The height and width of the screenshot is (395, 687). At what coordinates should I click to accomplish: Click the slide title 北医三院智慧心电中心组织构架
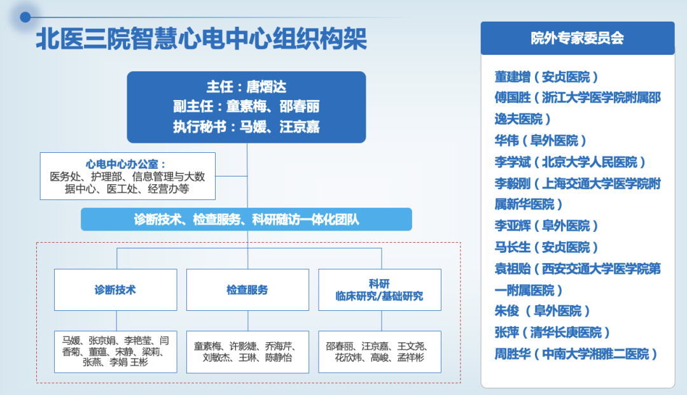(x=201, y=39)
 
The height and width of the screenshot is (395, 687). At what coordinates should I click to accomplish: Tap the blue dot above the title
(x=25, y=17)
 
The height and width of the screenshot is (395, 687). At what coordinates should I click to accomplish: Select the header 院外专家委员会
(x=578, y=38)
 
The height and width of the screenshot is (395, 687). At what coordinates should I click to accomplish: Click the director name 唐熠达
(x=266, y=87)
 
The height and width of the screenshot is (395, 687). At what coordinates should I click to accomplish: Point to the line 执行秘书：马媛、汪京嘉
(x=246, y=127)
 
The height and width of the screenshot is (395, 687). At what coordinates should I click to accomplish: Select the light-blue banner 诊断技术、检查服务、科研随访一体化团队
(x=246, y=219)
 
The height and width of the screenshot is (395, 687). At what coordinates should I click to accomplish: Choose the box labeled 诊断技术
(x=116, y=290)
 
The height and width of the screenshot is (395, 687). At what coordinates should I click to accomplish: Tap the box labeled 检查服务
(x=247, y=290)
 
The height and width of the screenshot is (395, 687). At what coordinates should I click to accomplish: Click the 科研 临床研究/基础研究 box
(x=379, y=290)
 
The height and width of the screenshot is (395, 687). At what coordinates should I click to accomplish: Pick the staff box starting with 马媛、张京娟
(x=116, y=352)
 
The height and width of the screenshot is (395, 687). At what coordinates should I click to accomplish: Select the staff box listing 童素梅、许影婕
(x=247, y=352)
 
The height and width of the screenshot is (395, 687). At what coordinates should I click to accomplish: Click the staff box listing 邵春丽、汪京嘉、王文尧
(x=379, y=352)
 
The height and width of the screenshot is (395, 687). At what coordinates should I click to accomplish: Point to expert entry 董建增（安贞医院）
(x=546, y=77)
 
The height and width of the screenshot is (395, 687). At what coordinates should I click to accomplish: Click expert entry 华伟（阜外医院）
(x=540, y=140)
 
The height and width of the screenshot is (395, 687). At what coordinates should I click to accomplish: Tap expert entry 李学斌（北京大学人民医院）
(x=570, y=162)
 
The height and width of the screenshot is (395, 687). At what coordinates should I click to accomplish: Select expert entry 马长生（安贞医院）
(x=546, y=248)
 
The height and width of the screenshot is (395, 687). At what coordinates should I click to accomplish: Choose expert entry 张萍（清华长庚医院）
(x=552, y=333)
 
